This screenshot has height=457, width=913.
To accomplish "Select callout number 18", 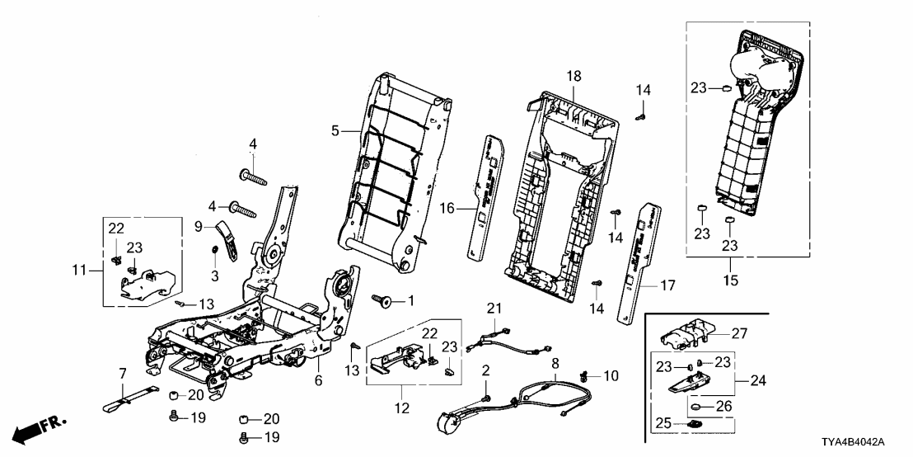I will (x=574, y=76).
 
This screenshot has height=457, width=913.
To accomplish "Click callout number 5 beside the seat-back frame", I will (x=335, y=130).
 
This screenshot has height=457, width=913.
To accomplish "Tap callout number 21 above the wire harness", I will (x=494, y=308).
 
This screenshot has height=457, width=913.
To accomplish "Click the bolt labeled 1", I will (x=383, y=300).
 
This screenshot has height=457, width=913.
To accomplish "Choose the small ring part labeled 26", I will (x=696, y=407).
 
